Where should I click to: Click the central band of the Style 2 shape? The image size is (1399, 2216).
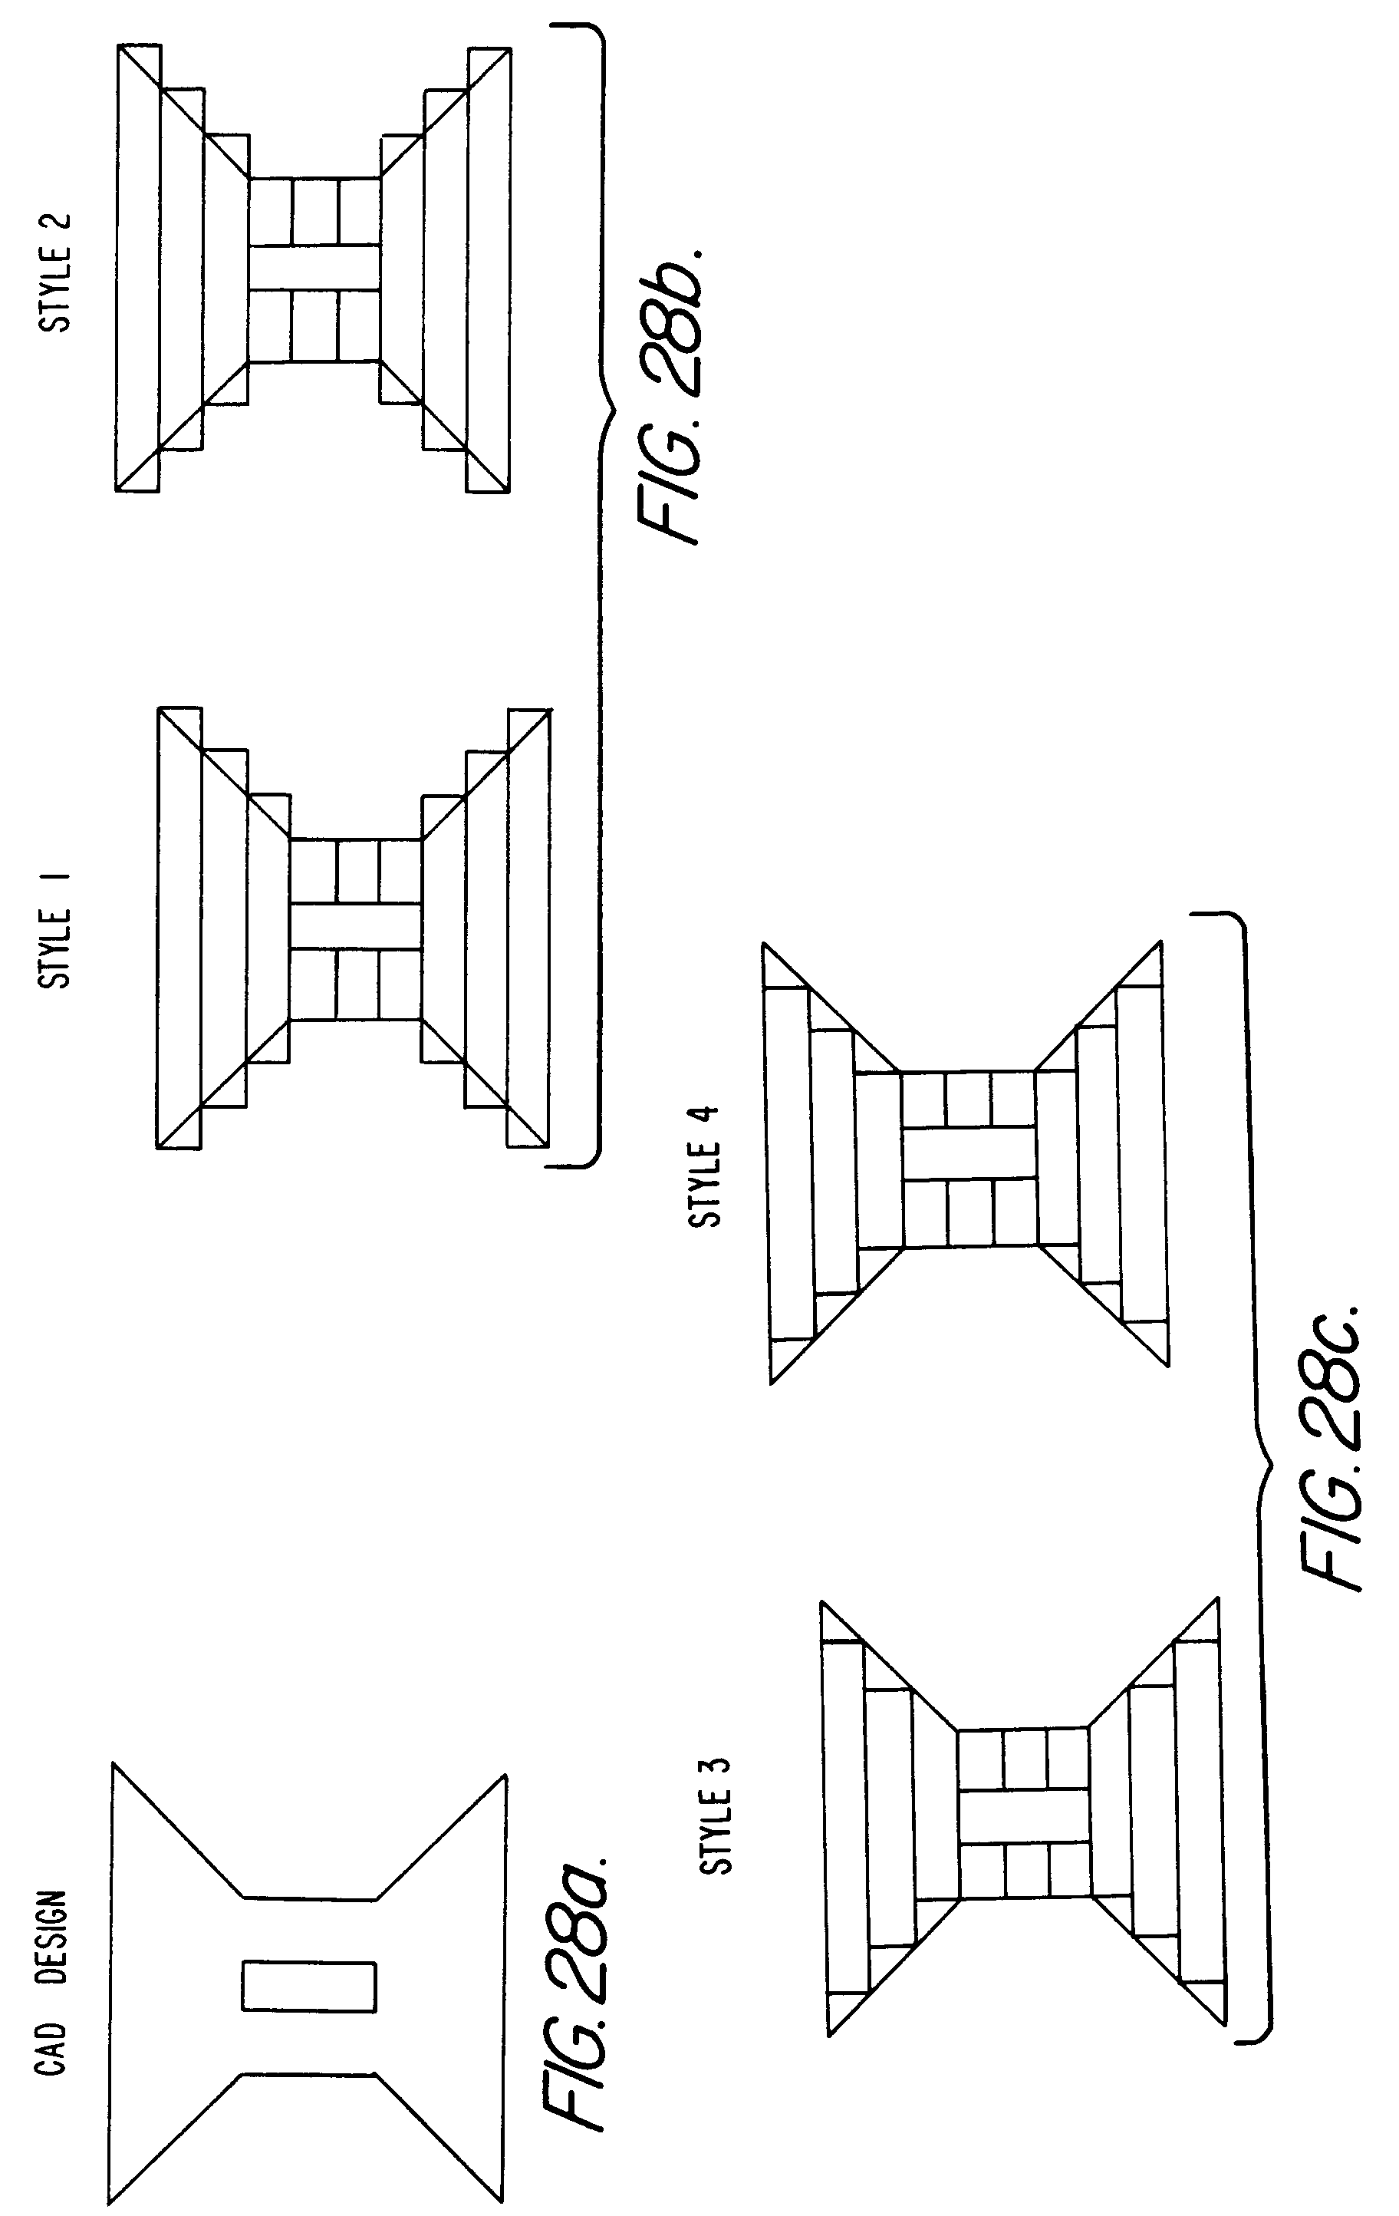[314, 268]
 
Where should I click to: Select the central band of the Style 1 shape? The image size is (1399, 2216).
[356, 928]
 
